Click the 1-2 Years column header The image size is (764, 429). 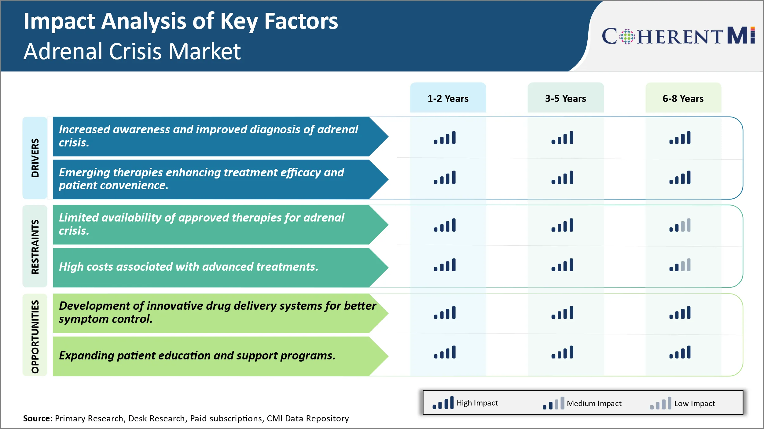(x=448, y=98)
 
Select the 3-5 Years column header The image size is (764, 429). (x=565, y=98)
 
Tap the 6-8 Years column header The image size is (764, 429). (x=683, y=98)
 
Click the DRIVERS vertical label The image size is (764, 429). (x=35, y=158)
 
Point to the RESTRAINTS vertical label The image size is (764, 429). (x=35, y=246)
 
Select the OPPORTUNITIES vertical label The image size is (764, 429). (x=35, y=336)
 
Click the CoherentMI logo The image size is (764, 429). (x=678, y=36)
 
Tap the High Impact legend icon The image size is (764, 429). (x=443, y=403)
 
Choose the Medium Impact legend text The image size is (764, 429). (x=594, y=403)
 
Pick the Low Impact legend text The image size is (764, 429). (x=694, y=403)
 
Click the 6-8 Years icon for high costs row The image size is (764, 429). (x=680, y=265)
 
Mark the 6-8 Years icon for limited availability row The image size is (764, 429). (x=680, y=225)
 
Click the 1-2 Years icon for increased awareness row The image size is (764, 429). (x=445, y=138)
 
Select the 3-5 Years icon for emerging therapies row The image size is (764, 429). (x=562, y=178)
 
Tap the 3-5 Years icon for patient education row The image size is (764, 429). (x=562, y=352)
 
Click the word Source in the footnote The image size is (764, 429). (x=38, y=418)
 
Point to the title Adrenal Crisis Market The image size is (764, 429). (x=132, y=51)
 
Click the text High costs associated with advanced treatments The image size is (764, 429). (x=189, y=267)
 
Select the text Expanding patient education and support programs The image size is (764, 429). (x=197, y=355)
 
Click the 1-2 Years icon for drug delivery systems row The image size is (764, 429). (x=445, y=313)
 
